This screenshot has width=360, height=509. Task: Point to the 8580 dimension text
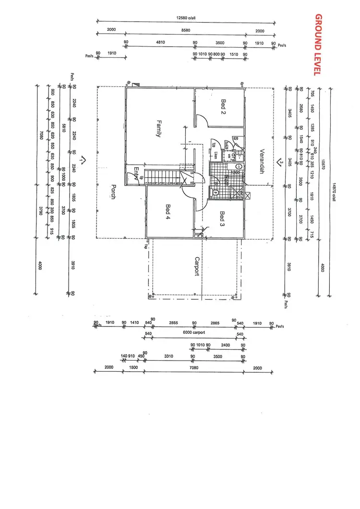pyautogui.click(x=185, y=30)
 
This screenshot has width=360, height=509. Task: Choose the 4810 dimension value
pyautogui.click(x=160, y=43)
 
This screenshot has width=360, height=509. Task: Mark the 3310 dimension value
pyautogui.click(x=168, y=357)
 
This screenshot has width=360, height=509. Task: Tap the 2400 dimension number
pyautogui.click(x=226, y=345)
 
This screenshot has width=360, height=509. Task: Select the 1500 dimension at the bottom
pyautogui.click(x=133, y=367)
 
